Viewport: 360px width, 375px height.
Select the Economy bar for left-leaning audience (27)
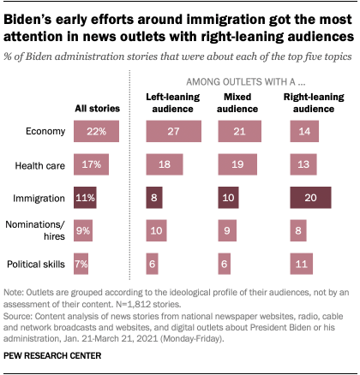[174, 131]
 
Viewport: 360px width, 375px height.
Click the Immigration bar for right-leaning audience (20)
[312, 198]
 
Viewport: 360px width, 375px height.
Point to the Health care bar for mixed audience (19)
[237, 164]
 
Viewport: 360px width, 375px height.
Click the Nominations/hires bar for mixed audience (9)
[226, 231]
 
